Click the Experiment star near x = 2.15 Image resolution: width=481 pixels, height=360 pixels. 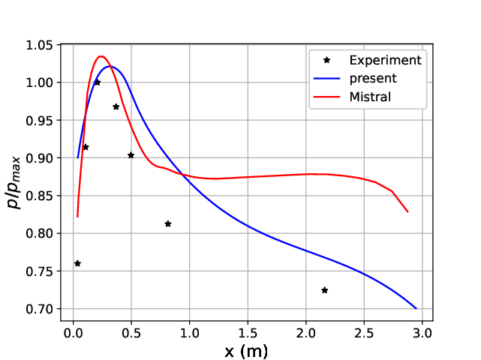[x=325, y=290]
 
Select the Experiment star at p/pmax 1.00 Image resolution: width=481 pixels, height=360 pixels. [x=98, y=82]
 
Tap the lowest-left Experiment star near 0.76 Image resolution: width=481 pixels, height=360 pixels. [x=77, y=263]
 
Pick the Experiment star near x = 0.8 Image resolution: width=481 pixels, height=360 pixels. [x=168, y=223]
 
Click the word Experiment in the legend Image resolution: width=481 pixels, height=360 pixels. [x=385, y=60]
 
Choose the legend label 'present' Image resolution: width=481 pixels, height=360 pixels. [x=373, y=78]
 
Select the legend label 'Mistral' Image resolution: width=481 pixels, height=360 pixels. [x=371, y=97]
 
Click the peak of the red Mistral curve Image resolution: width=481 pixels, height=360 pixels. [x=101, y=56]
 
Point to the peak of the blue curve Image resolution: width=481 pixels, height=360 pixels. [x=110, y=67]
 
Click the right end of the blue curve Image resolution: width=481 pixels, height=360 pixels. [x=416, y=308]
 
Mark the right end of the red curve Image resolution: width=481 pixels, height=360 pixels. [x=407, y=211]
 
